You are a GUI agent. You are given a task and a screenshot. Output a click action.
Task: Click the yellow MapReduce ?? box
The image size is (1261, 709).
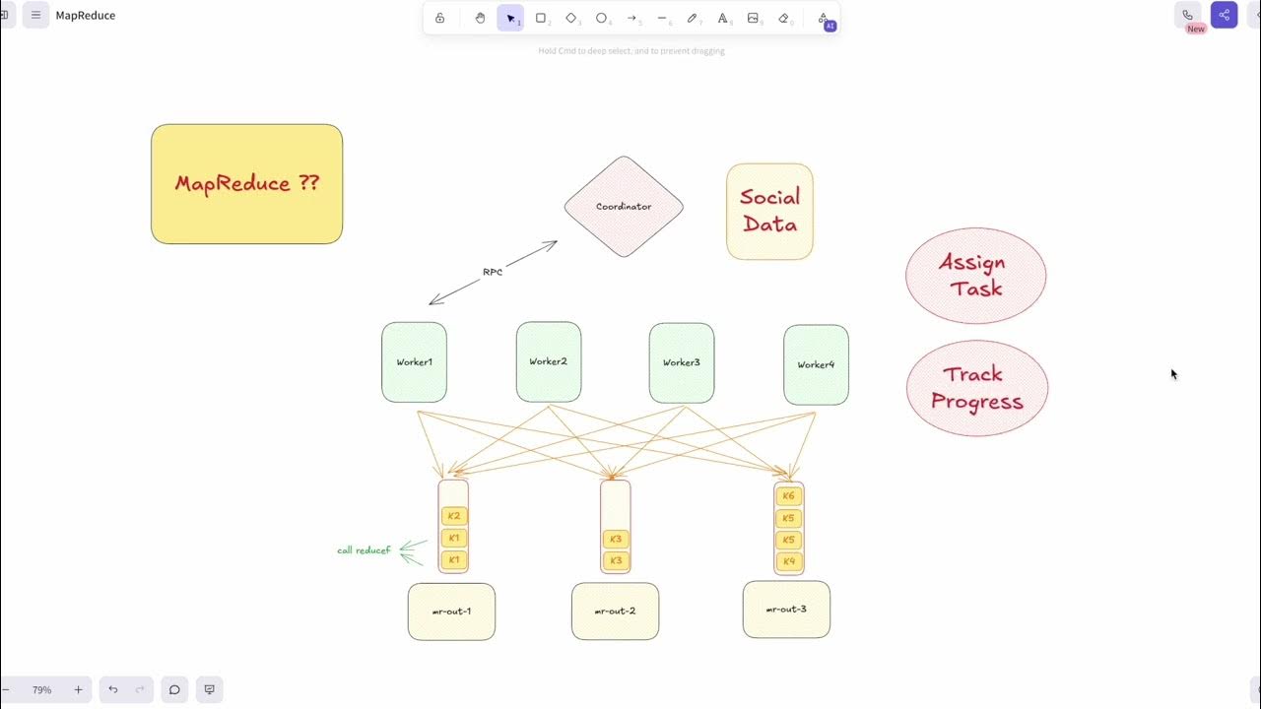point(246,183)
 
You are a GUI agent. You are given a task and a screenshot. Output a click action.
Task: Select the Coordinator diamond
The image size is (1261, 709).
point(624,207)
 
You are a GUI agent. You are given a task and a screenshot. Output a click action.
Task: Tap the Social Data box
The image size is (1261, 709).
point(769,211)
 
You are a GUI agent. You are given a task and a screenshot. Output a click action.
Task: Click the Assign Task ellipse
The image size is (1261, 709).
point(975,276)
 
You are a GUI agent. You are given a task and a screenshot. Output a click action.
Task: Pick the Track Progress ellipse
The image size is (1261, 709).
point(976,388)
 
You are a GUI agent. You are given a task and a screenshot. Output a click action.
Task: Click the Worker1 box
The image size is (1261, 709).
point(414,362)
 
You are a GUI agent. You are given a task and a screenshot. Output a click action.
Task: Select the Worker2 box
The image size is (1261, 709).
point(548,361)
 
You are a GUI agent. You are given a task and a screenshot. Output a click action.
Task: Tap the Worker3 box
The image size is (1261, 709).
point(681,362)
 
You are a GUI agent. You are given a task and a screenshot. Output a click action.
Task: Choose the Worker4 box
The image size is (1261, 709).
point(816,364)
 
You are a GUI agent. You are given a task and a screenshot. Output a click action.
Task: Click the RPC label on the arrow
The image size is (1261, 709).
point(493,272)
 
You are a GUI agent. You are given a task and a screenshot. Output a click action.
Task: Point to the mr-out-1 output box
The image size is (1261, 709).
point(451,612)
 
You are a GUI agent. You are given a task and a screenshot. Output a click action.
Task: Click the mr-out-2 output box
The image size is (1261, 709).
point(615,612)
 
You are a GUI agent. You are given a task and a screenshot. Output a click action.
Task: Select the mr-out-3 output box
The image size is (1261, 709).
point(786,610)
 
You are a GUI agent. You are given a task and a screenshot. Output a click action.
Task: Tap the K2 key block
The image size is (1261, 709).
point(453,516)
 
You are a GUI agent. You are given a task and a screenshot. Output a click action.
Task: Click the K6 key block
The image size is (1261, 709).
point(788,496)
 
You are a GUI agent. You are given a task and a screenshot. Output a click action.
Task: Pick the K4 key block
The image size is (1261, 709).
point(788,561)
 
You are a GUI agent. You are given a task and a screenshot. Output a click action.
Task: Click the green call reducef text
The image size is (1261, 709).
point(364,550)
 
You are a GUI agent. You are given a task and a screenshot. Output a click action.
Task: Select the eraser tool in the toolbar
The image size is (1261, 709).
point(784,18)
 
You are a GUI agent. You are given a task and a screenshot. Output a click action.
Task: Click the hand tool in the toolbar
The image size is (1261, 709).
point(480,18)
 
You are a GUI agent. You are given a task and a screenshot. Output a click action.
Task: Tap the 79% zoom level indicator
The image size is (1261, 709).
point(41,690)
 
